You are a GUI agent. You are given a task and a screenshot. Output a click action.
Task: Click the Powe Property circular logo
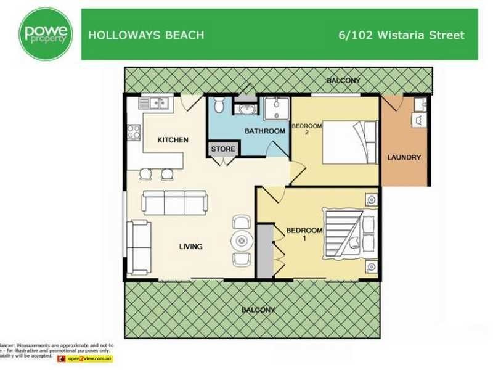coord(46,33)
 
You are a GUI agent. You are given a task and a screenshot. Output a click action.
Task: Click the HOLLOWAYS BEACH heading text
coord(146,35)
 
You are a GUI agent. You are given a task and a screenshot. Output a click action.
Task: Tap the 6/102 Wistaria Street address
coord(401,35)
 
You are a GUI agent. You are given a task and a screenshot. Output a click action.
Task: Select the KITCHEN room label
coord(173,140)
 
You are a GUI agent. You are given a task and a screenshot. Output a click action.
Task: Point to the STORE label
coord(223,149)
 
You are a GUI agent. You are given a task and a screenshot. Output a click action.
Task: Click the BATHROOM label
coord(264,131)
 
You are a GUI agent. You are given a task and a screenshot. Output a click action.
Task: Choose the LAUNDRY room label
coord(404,157)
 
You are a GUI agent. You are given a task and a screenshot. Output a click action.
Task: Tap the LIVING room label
coord(190,247)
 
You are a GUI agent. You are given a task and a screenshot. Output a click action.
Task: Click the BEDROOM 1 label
coord(304,234)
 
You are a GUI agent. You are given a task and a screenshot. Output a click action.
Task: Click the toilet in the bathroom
coord(219,107)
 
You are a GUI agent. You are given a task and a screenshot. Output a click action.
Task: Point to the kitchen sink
coord(156,104)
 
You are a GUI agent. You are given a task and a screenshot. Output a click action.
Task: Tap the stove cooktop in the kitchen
coord(133,132)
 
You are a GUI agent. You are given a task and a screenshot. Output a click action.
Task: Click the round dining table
coord(240,240)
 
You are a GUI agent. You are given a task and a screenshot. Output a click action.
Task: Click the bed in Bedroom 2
coord(349,142)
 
